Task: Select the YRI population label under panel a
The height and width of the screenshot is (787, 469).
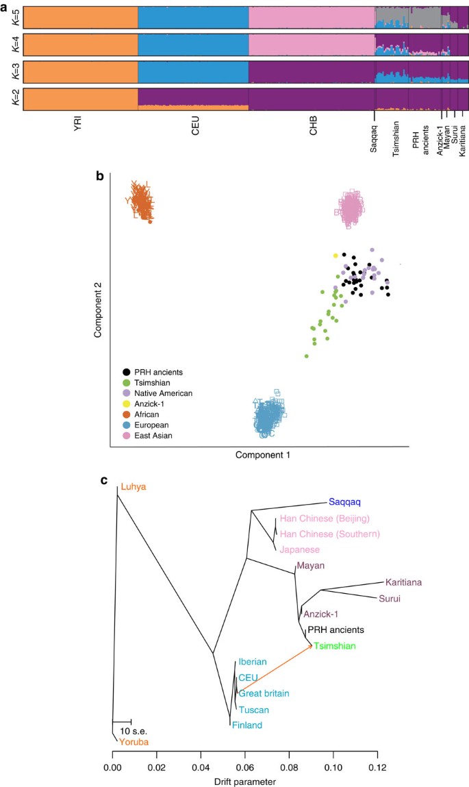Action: (x=76, y=127)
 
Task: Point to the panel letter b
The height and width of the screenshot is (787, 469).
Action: (x=100, y=176)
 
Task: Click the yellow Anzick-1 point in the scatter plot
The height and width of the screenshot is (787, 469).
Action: (x=335, y=255)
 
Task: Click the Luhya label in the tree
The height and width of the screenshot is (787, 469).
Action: (x=134, y=487)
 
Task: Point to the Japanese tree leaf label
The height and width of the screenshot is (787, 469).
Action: (x=299, y=549)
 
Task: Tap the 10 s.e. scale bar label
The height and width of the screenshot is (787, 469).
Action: (x=134, y=731)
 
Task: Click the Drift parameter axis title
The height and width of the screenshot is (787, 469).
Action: (x=244, y=781)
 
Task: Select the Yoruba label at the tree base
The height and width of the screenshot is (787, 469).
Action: (x=133, y=742)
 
